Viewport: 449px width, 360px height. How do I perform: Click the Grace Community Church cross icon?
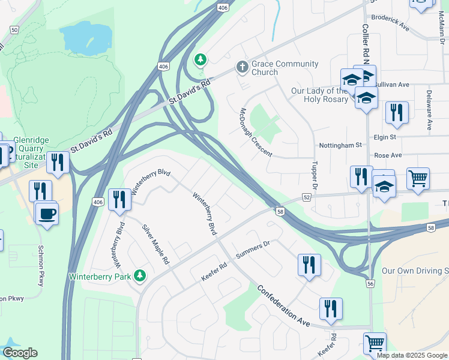(x=243, y=67)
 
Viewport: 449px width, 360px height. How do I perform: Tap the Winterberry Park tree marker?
(x=140, y=275)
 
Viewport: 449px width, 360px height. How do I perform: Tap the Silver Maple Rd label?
(x=155, y=245)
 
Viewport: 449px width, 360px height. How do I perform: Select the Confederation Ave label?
(x=283, y=305)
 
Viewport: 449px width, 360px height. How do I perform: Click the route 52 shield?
(x=306, y=197)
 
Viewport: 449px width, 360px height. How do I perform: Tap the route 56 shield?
(x=370, y=283)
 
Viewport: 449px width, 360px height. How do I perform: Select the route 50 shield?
(x=14, y=29)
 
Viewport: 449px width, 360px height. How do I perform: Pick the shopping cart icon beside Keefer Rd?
(x=375, y=343)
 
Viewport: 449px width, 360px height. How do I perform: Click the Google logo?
(x=20, y=353)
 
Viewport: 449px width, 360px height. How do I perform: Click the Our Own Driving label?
(x=415, y=271)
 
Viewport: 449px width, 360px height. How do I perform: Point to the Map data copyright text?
(x=412, y=355)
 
